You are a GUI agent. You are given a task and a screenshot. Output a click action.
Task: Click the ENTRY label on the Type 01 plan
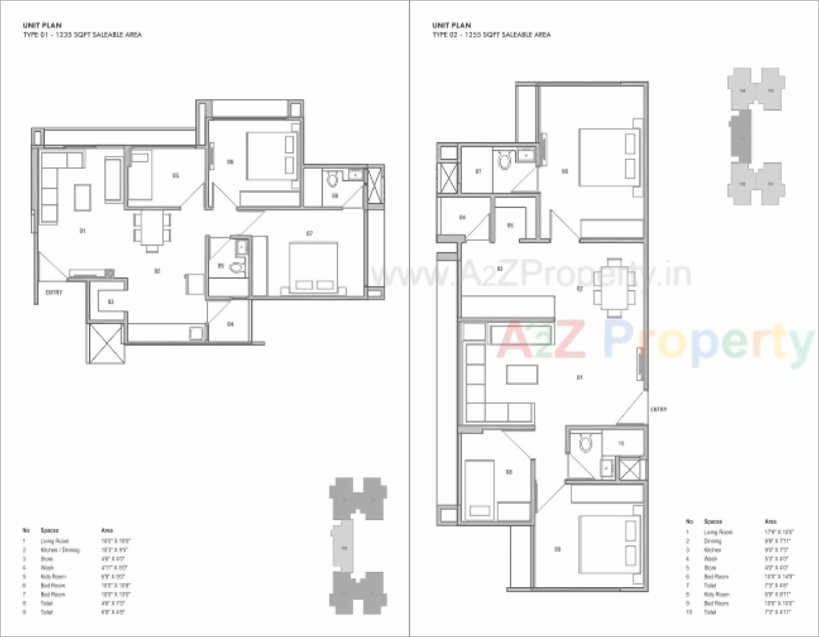(x=54, y=293)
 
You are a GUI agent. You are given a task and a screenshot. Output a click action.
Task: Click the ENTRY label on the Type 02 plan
(x=658, y=409)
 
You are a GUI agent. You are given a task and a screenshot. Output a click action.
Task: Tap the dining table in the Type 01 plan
(x=152, y=229)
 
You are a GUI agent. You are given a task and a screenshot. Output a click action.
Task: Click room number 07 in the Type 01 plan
(x=309, y=233)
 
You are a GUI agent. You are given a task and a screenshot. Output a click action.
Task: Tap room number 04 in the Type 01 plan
(x=230, y=324)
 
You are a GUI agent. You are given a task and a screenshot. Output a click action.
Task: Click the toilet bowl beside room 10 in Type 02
(x=584, y=442)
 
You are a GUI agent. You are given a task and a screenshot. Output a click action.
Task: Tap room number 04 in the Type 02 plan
(x=462, y=217)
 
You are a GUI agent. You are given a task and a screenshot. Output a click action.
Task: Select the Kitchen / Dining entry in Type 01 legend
(x=60, y=550)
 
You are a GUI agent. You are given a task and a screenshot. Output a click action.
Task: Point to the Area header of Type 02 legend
(x=771, y=522)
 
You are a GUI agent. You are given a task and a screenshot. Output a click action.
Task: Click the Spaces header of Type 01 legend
(x=50, y=531)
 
